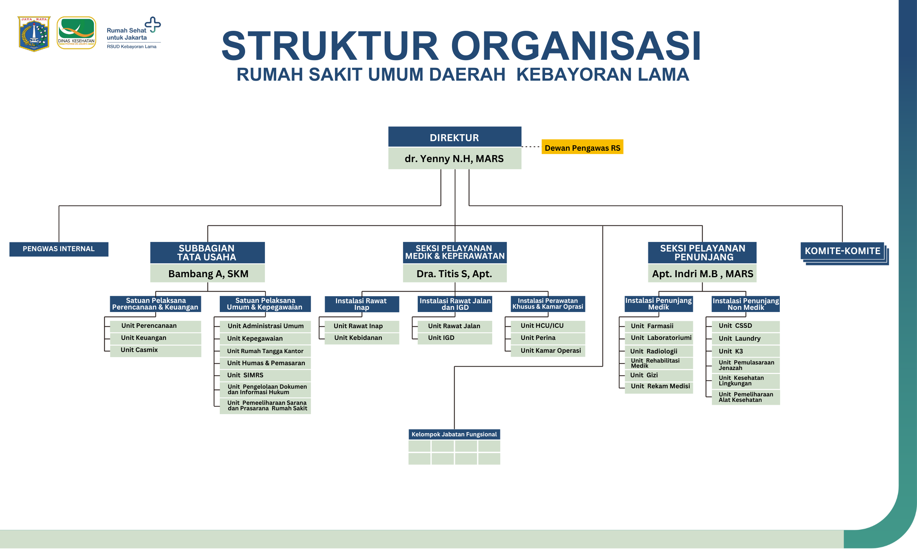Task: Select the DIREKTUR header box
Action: pyautogui.click(x=454, y=137)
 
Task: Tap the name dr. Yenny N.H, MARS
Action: pyautogui.click(x=454, y=159)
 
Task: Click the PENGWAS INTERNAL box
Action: pyautogui.click(x=59, y=249)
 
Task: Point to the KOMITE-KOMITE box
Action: pyautogui.click(x=842, y=251)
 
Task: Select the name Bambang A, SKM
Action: pyautogui.click(x=208, y=274)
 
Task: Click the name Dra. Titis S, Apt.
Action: pyautogui.click(x=454, y=274)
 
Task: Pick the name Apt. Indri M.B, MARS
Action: pyautogui.click(x=702, y=274)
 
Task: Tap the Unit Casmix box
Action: pyautogui.click(x=155, y=350)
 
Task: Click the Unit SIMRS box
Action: pyautogui.click(x=265, y=375)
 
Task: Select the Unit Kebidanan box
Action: pyautogui.click(x=361, y=338)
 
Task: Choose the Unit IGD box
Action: pyautogui.click(x=454, y=338)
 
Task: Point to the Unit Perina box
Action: pyautogui.click(x=548, y=338)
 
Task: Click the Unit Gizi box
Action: pyautogui.click(x=658, y=375)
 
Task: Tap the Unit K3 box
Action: pyautogui.click(x=745, y=351)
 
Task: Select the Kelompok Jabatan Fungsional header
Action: pyautogui.click(x=454, y=434)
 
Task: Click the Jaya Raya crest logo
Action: pyautogui.click(x=34, y=33)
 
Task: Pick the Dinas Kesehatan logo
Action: pyautogui.click(x=76, y=33)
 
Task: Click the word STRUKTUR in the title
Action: pyautogui.click(x=330, y=46)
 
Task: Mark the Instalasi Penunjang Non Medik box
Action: pyautogui.click(x=745, y=304)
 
